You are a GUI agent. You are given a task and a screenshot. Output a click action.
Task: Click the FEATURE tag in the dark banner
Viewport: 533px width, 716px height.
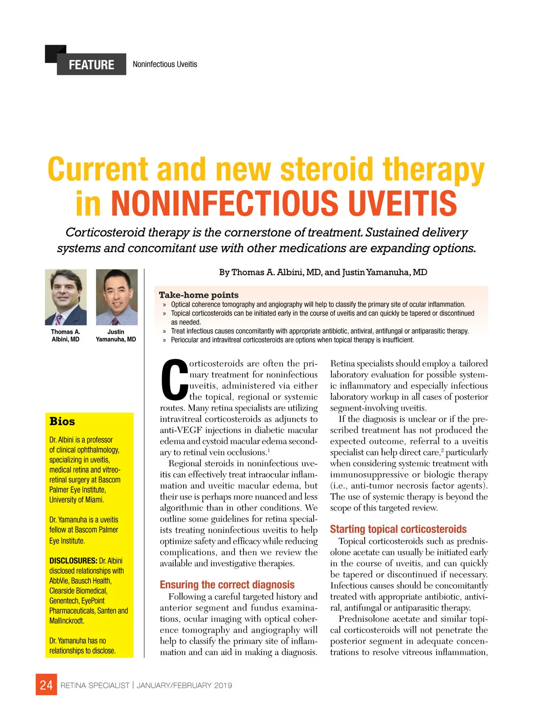(x=91, y=65)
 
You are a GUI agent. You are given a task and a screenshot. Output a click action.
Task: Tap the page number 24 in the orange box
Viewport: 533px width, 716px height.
(x=46, y=685)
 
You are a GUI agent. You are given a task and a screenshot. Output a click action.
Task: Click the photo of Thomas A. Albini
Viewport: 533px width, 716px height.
(x=66, y=297)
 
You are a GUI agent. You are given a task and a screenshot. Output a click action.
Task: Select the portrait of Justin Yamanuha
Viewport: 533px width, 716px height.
(x=116, y=297)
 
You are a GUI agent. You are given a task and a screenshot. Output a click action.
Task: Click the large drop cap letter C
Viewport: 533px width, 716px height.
(x=174, y=380)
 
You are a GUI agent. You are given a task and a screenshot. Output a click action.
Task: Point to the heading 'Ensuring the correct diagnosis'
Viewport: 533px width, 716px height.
(x=227, y=585)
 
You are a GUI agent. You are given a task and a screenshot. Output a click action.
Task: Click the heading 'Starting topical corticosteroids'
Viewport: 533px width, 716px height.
(x=398, y=529)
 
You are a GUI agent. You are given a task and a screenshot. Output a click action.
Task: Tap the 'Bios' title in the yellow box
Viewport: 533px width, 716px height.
(x=62, y=421)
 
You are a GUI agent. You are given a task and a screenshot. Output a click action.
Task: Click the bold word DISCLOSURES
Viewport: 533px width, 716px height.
(x=73, y=561)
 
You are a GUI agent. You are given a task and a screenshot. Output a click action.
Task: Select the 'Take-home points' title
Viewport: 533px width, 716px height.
(x=199, y=295)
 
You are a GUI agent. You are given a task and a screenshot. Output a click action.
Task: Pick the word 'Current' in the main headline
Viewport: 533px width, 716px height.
(x=98, y=170)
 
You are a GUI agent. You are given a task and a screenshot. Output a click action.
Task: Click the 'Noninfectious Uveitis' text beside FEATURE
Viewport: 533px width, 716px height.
(x=165, y=64)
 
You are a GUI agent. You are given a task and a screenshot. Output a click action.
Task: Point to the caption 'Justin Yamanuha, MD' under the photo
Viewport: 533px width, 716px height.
(x=116, y=336)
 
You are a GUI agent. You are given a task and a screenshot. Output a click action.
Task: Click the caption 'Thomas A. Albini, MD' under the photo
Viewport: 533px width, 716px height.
(x=65, y=336)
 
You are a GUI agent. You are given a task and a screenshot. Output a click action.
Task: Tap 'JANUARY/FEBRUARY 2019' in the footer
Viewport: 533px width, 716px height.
(x=184, y=685)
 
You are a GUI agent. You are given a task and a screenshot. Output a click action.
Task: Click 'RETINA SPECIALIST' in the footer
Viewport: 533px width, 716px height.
(x=95, y=685)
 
